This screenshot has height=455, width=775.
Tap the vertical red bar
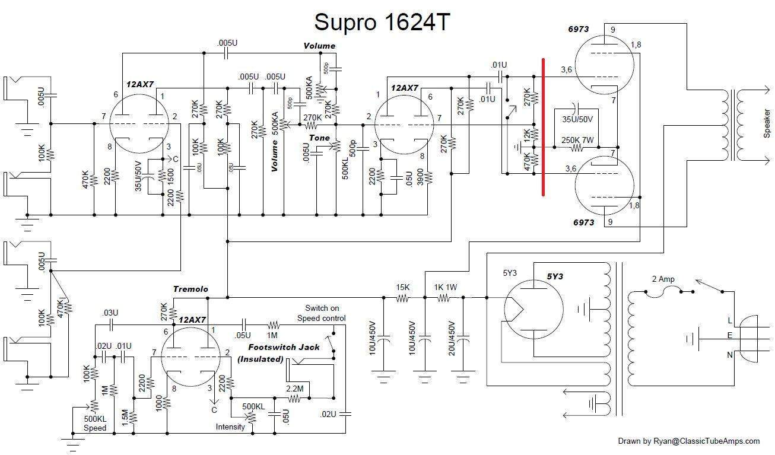(x=543, y=127)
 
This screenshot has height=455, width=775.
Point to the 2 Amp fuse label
(x=663, y=279)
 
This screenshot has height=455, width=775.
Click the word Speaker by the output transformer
(x=766, y=123)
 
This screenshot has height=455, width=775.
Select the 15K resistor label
(x=403, y=287)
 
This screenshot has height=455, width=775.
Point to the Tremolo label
(x=190, y=289)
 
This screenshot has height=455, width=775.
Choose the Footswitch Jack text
(x=284, y=347)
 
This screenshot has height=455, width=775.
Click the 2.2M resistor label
(x=294, y=388)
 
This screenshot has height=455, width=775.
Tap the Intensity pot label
(x=230, y=427)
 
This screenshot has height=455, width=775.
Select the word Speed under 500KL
(x=94, y=428)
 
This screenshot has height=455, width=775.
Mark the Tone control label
(x=319, y=138)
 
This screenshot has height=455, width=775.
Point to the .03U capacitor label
(x=110, y=313)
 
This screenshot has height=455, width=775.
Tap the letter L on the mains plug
(x=730, y=320)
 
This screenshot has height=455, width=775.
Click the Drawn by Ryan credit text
(x=688, y=441)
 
